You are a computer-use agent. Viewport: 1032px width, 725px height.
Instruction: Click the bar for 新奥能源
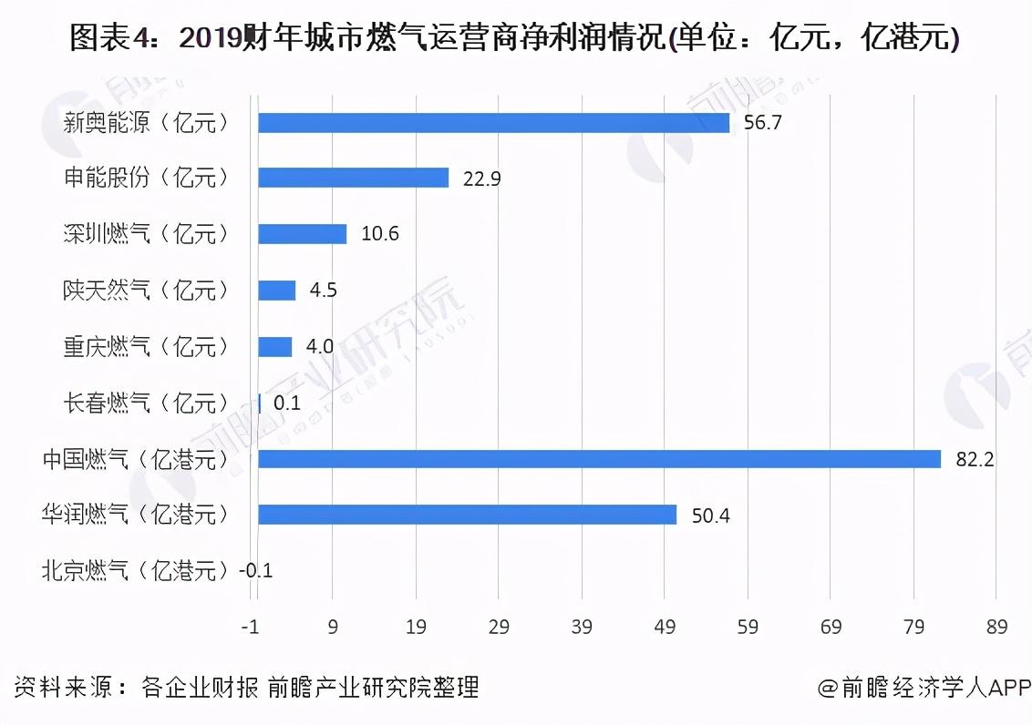[x=493, y=123]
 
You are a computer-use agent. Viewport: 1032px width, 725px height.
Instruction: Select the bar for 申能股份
[x=353, y=179]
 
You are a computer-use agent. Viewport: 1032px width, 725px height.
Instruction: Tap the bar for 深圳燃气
[x=302, y=234]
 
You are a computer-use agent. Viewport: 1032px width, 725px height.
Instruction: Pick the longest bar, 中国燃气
[x=599, y=459]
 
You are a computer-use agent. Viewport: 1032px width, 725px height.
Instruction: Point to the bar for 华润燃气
[x=467, y=515]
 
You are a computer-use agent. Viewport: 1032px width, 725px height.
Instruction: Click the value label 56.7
[x=762, y=123]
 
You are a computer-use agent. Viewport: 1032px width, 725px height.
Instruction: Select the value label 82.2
[x=974, y=459]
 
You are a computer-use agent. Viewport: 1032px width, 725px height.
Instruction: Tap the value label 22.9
[x=481, y=179]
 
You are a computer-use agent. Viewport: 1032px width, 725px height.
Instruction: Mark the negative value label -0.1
[x=255, y=571]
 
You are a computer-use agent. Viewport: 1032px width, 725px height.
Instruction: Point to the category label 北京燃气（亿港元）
[x=135, y=571]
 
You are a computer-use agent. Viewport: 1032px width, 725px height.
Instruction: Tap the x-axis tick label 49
[x=665, y=628]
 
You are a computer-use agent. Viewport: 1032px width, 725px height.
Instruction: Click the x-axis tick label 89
[x=996, y=628]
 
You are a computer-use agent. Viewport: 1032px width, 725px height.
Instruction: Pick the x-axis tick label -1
[x=250, y=628]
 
